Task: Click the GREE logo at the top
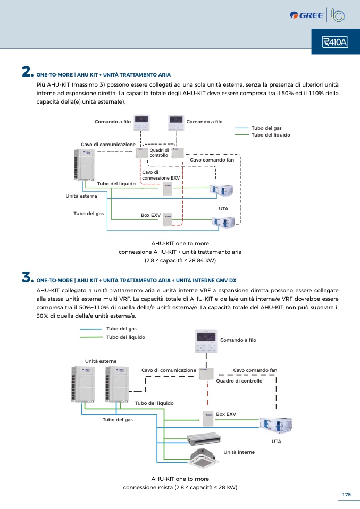click(307, 15)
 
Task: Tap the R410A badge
click(335, 42)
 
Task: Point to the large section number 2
click(28, 72)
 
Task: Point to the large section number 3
click(28, 277)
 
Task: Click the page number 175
click(346, 495)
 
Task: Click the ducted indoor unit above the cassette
click(204, 438)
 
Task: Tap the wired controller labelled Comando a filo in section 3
click(206, 341)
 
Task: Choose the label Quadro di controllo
click(239, 381)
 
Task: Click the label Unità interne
click(239, 452)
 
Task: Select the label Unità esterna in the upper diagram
click(81, 196)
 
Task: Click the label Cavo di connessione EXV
click(161, 175)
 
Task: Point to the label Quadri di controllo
click(159, 152)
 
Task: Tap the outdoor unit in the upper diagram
click(84, 164)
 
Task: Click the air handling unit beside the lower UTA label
click(276, 425)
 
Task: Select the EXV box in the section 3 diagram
click(208, 419)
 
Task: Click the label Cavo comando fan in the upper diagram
click(212, 160)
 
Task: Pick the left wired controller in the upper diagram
click(141, 123)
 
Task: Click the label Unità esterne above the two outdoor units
click(101, 361)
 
